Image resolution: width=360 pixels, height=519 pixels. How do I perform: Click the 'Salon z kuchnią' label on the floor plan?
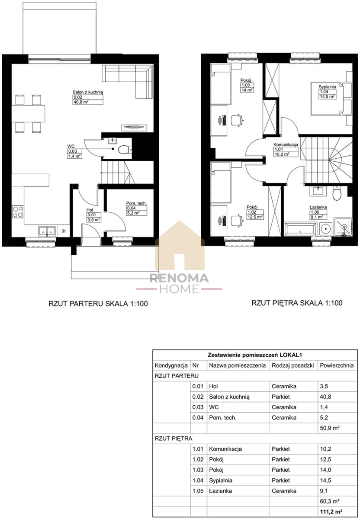tap(88, 92)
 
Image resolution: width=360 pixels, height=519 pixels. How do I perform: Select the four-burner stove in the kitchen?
tap(18, 212)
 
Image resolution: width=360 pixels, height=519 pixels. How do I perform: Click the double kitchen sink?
tap(47, 231)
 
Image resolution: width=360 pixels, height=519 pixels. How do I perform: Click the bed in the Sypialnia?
tap(331, 98)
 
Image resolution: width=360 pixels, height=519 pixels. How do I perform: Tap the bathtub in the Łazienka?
tap(300, 230)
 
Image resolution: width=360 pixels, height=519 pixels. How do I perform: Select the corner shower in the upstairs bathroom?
tap(343, 227)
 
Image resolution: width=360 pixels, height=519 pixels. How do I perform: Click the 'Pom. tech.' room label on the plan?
tap(136, 203)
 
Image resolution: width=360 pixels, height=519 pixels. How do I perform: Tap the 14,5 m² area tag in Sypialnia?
tap(327, 96)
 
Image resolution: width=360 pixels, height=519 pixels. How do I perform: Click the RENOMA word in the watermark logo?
tap(179, 278)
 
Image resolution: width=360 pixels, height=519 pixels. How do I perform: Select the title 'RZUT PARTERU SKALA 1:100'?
tap(98, 304)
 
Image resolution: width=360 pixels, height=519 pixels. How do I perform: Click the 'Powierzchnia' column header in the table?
tap(337, 365)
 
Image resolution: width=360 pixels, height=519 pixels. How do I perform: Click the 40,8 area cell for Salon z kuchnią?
tap(325, 397)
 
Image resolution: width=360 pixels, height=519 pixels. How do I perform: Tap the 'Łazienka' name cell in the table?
tap(220, 490)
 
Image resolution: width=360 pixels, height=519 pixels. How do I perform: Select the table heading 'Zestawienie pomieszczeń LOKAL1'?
tap(255, 355)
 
